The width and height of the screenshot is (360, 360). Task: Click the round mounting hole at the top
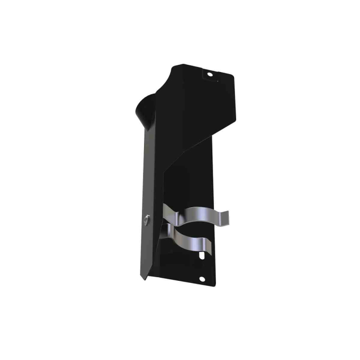click(x=209, y=74)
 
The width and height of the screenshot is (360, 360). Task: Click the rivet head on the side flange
click(x=147, y=220)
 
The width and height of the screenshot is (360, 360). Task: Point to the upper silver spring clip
click(x=195, y=213)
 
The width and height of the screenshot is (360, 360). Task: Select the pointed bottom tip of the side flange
click(x=144, y=280)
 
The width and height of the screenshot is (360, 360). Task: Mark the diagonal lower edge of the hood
click(x=190, y=144)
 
